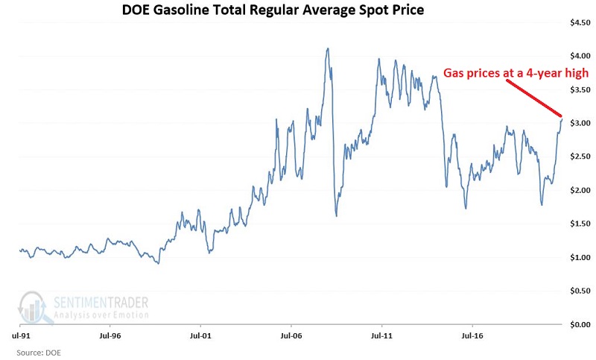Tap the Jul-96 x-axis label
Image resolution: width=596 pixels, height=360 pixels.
pos(110,336)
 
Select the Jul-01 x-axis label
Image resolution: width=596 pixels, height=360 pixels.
pos(200,336)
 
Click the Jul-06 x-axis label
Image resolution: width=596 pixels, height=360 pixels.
pos(291,336)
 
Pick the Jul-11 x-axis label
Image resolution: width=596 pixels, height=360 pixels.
pos(381,336)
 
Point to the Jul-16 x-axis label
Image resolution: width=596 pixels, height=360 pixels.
pos(472,336)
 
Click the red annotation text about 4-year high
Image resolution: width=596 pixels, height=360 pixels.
pos(516,73)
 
